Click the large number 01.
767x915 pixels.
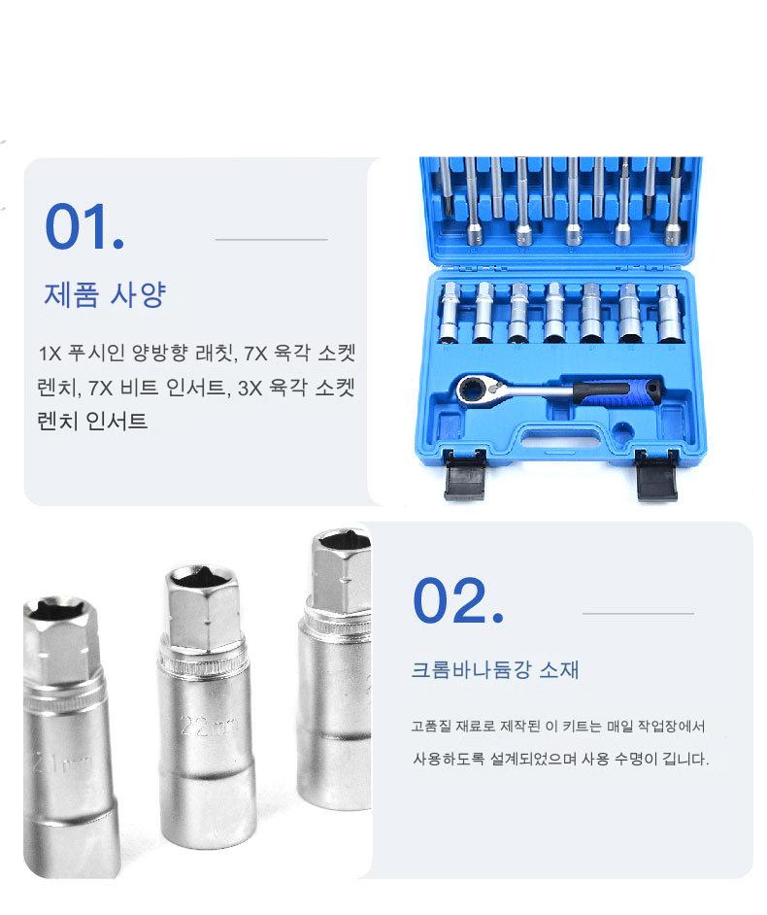(84, 227)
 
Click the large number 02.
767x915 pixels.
(458, 600)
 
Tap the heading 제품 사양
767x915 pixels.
(106, 294)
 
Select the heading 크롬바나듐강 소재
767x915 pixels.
(495, 669)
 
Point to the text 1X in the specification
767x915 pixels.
(49, 354)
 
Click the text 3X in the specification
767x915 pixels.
(250, 389)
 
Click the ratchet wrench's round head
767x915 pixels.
(473, 390)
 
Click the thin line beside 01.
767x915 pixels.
(271, 239)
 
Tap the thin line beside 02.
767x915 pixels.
(638, 613)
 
